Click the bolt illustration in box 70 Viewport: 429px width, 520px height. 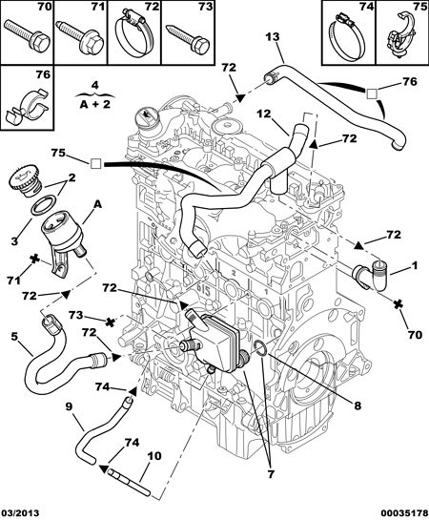pyautogui.click(x=27, y=35)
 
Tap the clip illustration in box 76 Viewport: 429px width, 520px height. pyautogui.click(x=28, y=106)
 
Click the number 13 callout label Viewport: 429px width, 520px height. pyautogui.click(x=273, y=37)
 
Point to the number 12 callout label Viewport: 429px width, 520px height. pyautogui.click(x=264, y=114)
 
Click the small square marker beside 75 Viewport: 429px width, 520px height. pyautogui.click(x=95, y=164)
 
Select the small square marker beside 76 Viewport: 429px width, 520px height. pyautogui.click(x=372, y=94)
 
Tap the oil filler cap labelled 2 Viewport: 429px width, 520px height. pyautogui.click(x=24, y=181)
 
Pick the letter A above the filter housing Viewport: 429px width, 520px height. pyautogui.click(x=97, y=204)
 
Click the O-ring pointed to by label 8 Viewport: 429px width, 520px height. pyautogui.click(x=260, y=348)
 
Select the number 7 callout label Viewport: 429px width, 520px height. pyautogui.click(x=271, y=474)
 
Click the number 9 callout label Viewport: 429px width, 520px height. pyautogui.click(x=69, y=406)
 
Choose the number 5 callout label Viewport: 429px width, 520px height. pyautogui.click(x=14, y=337)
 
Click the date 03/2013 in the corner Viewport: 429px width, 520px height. pyautogui.click(x=20, y=513)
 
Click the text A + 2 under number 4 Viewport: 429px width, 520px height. pyautogui.click(x=95, y=104)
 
